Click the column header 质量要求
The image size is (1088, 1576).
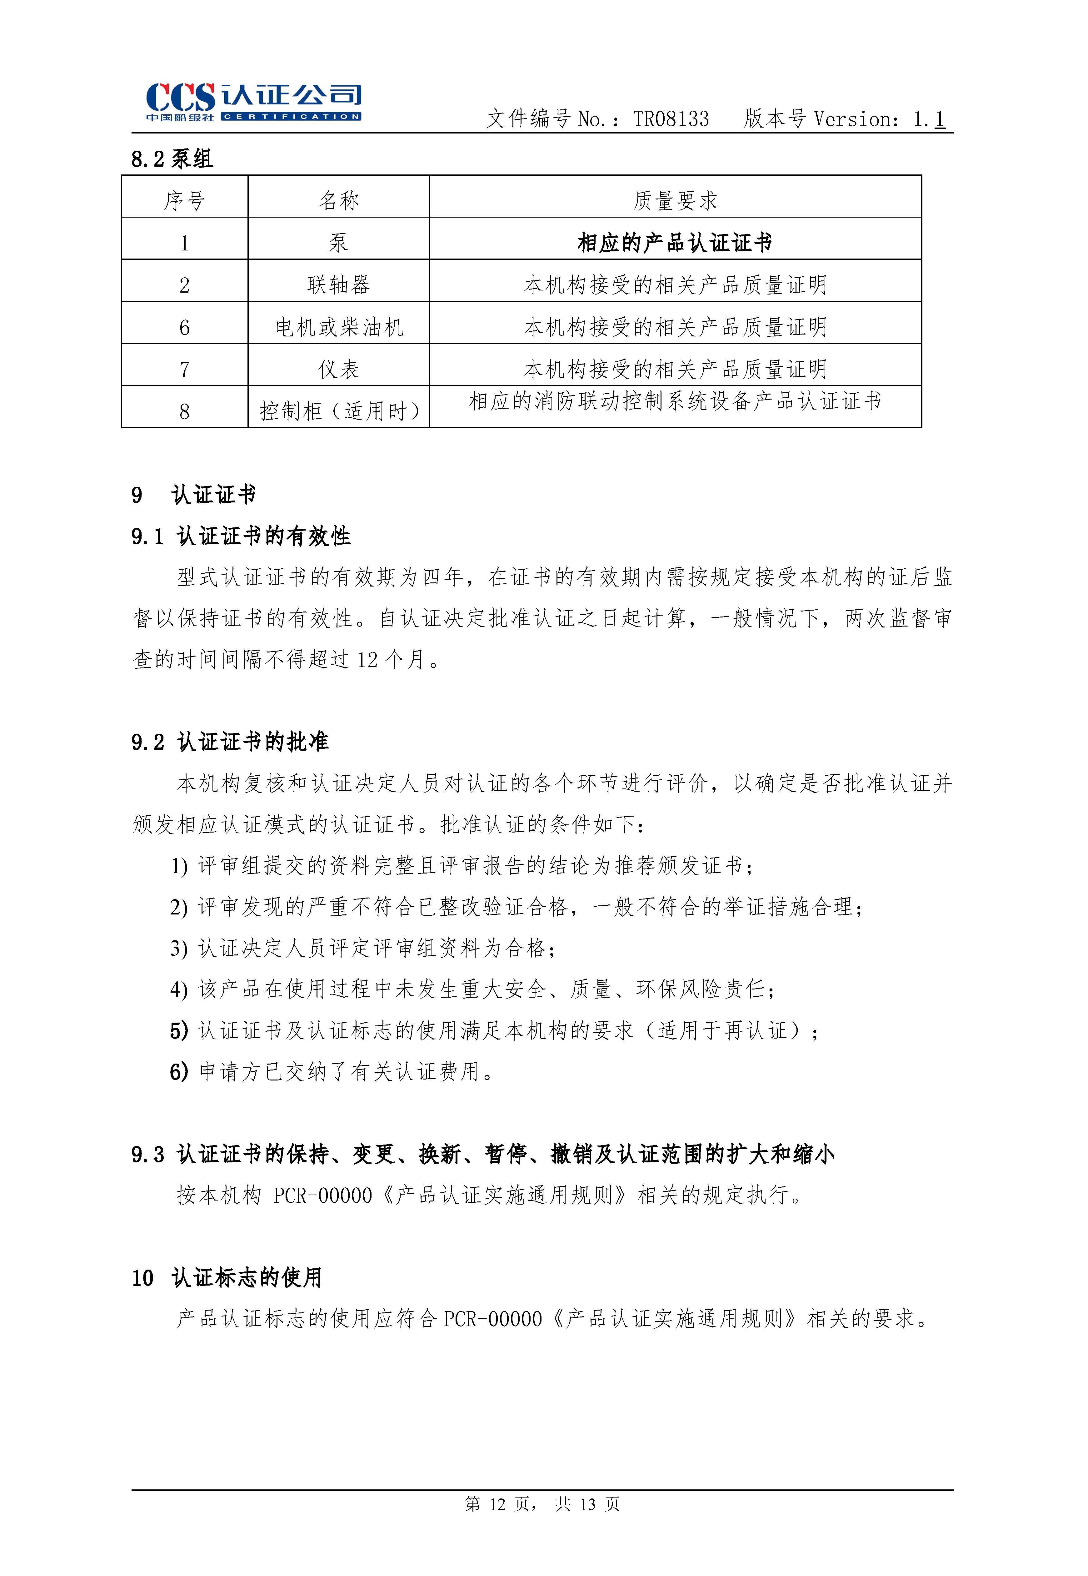tap(675, 200)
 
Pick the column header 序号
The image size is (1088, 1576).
tap(184, 200)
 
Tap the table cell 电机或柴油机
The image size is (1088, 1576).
tap(339, 327)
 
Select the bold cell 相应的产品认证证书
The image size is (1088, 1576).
tap(675, 243)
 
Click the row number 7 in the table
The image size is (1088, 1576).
tap(184, 370)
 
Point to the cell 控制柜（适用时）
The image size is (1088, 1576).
tap(339, 411)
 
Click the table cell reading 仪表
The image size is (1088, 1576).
tap(339, 370)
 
